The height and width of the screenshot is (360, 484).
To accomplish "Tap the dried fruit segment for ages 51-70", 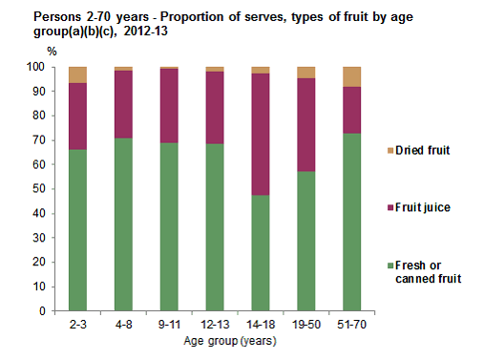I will tap(352, 76).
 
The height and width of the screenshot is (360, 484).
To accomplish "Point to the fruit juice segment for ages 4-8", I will tap(122, 104).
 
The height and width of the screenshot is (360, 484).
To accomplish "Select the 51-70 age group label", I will tap(352, 326).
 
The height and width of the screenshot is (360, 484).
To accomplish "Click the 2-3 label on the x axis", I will tap(78, 326).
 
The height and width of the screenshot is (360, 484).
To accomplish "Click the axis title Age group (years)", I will tap(215, 341).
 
